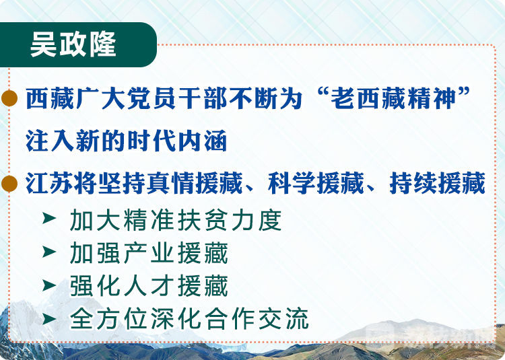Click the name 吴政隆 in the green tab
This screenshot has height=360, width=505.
73,44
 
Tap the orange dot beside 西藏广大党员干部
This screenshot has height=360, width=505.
9,98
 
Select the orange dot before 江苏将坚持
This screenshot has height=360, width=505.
9,184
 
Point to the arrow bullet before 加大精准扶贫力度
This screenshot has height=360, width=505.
49,218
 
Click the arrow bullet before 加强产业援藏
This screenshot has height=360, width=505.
49,252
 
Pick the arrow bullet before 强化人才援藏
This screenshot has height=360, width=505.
49,285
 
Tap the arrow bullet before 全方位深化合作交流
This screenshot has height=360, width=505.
49,319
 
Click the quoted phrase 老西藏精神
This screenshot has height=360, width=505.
394,98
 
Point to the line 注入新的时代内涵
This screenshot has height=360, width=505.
127,141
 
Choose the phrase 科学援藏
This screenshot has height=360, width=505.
316,184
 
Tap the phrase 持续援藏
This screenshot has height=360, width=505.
438,184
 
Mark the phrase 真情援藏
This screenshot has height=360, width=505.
195,184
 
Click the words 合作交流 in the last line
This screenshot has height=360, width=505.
257,320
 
